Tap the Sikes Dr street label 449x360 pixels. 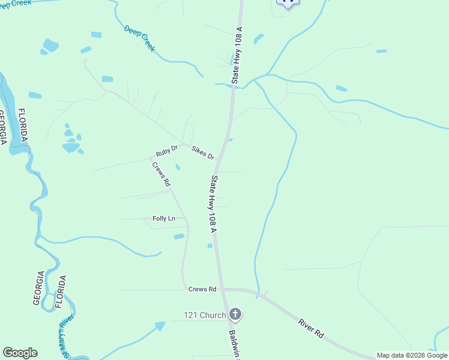point(203,152)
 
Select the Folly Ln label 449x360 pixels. point(164,218)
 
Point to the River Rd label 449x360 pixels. point(311,330)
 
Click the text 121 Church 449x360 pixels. point(205,315)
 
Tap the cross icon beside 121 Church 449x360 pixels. point(235,314)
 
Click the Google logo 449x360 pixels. point(20,353)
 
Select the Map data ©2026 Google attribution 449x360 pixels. point(412,355)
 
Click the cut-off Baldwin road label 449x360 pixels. point(234,344)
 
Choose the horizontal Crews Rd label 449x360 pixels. point(202,289)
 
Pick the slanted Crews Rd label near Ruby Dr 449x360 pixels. point(161,173)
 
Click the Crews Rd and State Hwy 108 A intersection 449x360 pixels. point(221,289)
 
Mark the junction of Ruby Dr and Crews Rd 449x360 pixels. point(152,157)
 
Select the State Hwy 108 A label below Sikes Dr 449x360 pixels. point(212,203)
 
